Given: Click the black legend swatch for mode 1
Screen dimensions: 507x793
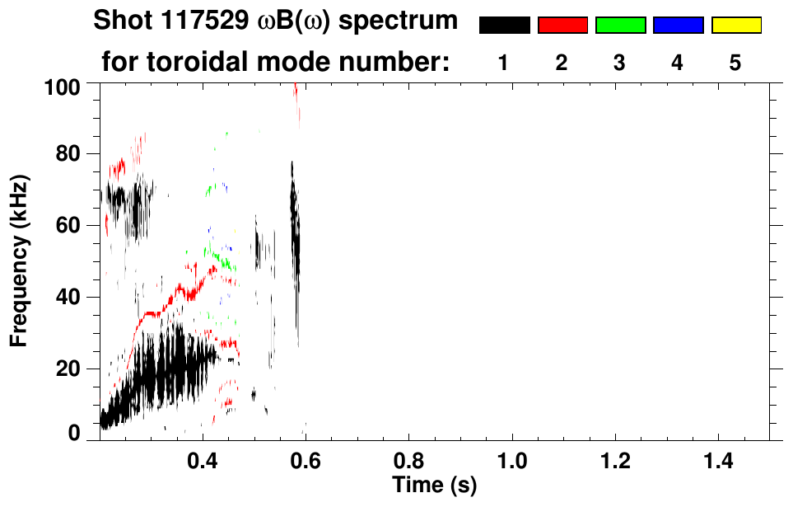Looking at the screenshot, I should coord(504,26).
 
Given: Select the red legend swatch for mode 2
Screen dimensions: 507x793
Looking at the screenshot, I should coord(562,26).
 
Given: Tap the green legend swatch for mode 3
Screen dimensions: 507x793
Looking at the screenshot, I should coord(620,26).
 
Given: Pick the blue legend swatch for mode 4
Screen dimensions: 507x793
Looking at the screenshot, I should coord(678,26).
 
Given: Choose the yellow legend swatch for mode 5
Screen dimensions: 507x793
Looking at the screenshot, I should coord(735,26).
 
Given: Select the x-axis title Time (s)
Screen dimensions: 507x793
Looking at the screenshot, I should coord(434,485).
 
